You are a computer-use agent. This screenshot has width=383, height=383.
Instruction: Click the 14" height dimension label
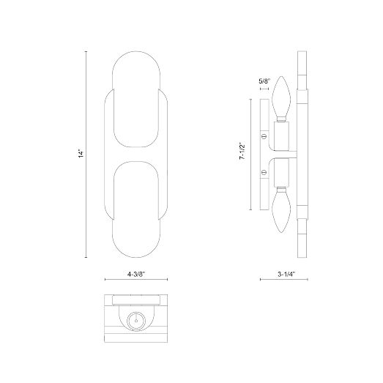click(81, 154)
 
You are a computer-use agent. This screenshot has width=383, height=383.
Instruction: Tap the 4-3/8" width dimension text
click(136, 274)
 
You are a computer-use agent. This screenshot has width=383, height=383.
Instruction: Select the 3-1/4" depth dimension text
click(286, 274)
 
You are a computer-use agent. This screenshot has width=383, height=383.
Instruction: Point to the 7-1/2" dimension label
click(242, 151)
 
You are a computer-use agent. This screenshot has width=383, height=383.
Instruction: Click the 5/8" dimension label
click(264, 81)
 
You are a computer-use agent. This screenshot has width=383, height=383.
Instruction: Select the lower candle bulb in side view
click(281, 210)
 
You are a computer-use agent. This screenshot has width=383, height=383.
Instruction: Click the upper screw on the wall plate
click(264, 136)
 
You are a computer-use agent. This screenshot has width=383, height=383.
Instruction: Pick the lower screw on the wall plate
click(264, 172)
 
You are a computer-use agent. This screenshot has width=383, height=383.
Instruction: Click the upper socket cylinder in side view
click(281, 136)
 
